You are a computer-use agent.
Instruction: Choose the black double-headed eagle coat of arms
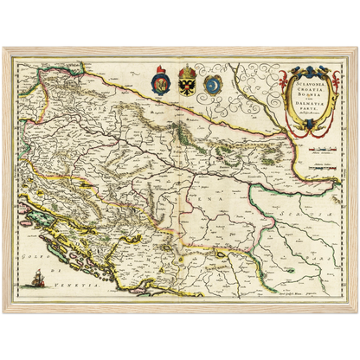pos(188,84)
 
